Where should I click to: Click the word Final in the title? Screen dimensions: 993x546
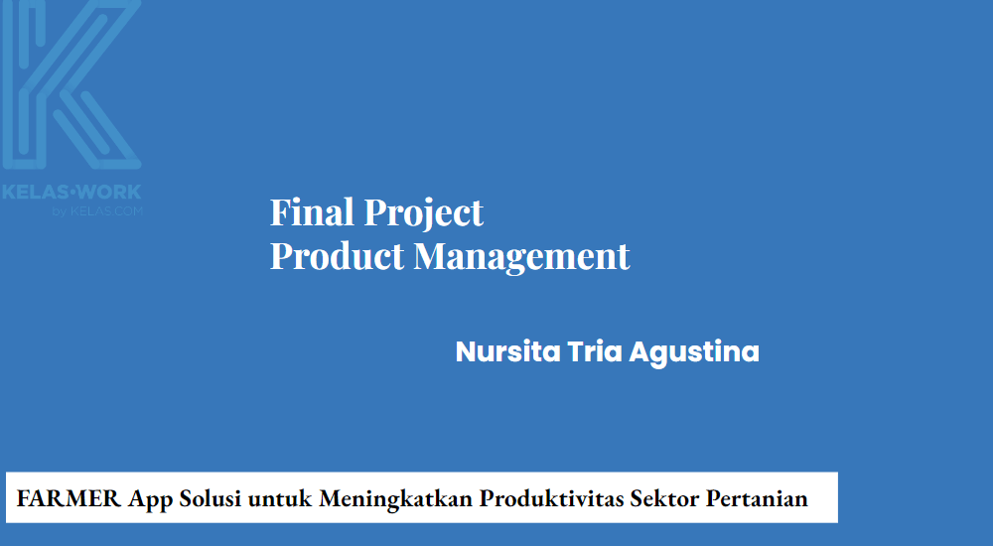311,212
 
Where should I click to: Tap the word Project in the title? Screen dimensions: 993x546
424,214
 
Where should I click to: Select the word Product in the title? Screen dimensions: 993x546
337,256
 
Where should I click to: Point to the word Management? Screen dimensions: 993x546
522,258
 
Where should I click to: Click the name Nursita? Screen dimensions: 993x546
507,352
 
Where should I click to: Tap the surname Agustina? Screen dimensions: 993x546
694,353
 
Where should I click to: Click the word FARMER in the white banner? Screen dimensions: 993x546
69,498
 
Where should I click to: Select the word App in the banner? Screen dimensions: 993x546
150,499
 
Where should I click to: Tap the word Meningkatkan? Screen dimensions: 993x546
395,499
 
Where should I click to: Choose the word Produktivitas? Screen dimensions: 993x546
551,498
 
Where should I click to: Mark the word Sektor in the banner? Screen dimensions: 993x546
664,498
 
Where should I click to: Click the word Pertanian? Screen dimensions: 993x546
757,498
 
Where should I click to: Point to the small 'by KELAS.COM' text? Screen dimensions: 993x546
97,210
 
